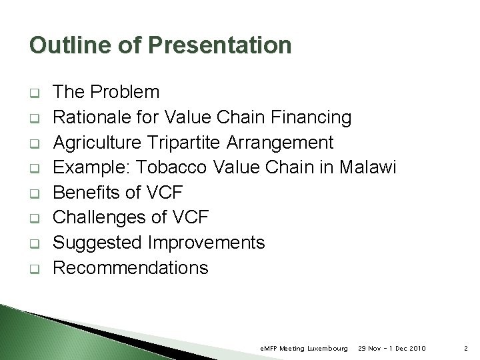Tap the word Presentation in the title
point(220,45)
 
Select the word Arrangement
point(280,143)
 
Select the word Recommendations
point(131,268)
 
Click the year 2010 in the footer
point(415,348)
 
